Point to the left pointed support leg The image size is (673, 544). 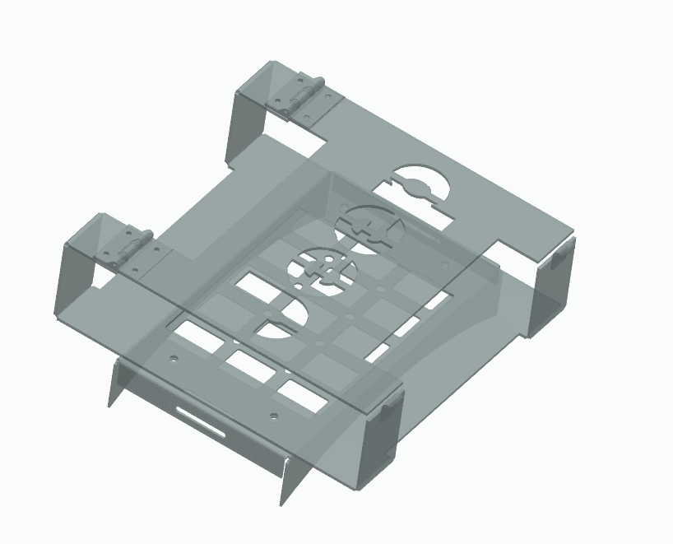116,383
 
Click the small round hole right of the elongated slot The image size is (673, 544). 273,415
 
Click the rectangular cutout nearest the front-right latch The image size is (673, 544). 301,394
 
